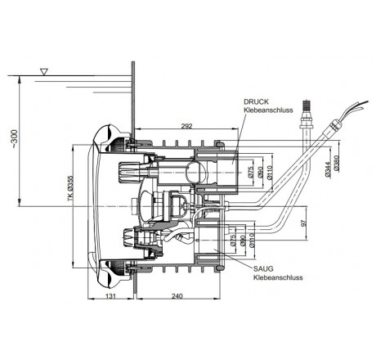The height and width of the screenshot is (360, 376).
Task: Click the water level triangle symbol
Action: pyautogui.click(x=44, y=72)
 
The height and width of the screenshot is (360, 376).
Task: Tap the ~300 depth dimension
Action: pyautogui.click(x=14, y=139)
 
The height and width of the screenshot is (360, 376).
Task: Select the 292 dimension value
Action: pyautogui.click(x=187, y=126)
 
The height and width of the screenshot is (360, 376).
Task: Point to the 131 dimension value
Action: pyautogui.click(x=110, y=296)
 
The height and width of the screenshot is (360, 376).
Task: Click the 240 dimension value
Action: pyautogui.click(x=177, y=296)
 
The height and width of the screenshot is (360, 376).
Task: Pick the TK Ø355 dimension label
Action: pyautogui.click(x=70, y=188)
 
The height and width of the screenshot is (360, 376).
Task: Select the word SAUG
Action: pyautogui.click(x=263, y=268)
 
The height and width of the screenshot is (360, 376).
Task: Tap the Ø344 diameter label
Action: pyautogui.click(x=328, y=169)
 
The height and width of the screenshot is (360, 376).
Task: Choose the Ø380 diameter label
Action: pyautogui.click(x=336, y=163)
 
